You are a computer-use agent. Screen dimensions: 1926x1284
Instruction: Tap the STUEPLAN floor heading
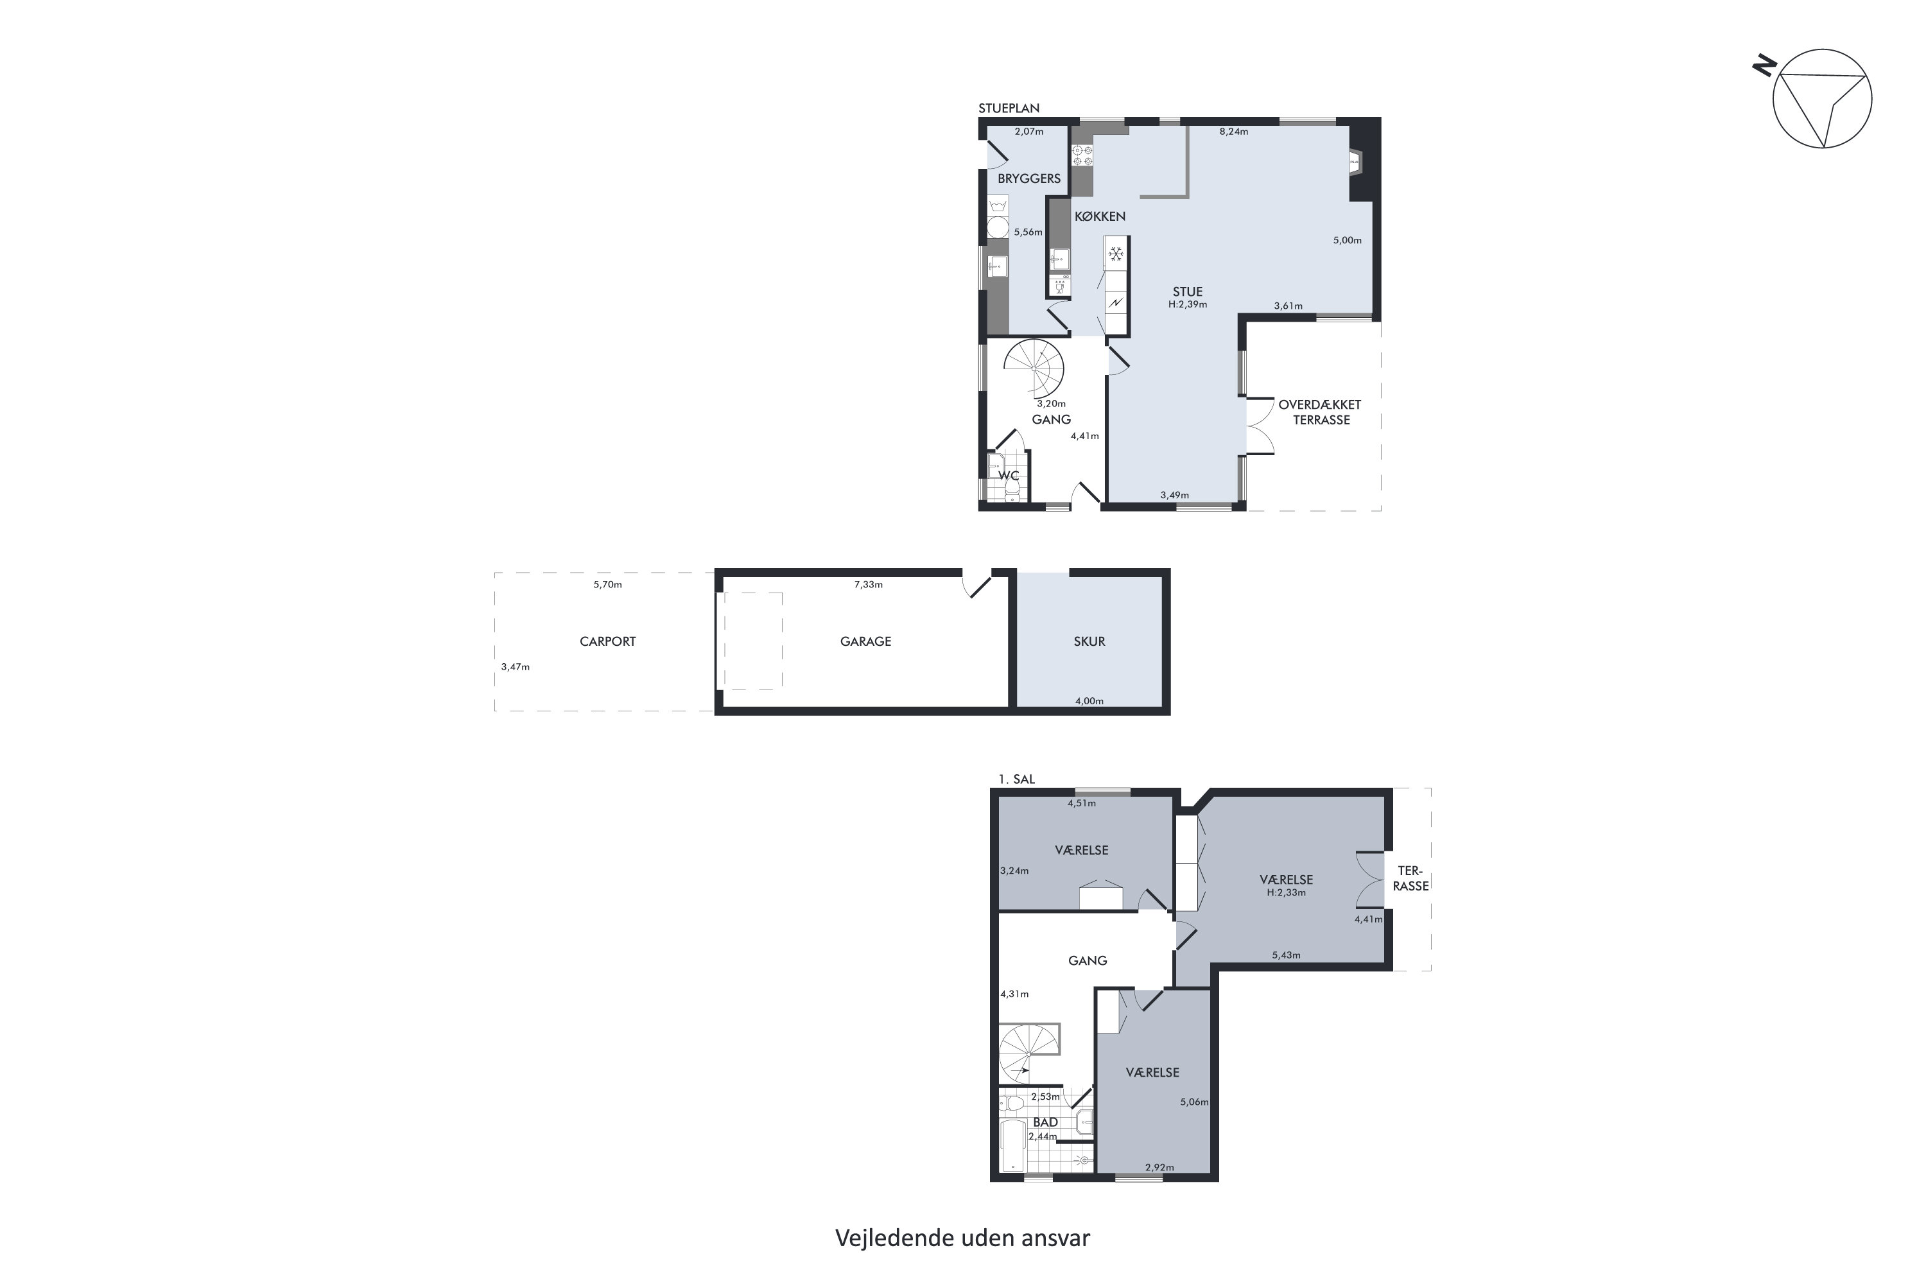(1009, 108)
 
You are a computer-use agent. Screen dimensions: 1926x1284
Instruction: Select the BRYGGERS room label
(1028, 178)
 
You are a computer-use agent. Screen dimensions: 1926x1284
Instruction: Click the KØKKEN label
(1100, 216)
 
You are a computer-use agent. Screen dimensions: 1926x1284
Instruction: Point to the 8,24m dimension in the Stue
(1233, 132)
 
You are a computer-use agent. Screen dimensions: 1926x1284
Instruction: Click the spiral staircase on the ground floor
(1034, 368)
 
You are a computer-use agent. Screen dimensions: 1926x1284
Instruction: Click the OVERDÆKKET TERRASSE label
(1320, 412)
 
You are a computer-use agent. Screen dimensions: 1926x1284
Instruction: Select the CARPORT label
(607, 642)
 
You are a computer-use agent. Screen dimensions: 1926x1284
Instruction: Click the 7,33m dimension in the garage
(868, 585)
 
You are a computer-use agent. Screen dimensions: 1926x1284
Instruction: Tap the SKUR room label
(1089, 642)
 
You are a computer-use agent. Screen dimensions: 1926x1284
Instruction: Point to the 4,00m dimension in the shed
(1089, 701)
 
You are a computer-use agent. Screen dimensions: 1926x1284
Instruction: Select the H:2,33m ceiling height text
(1286, 892)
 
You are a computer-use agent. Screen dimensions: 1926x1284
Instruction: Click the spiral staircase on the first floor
(1029, 1054)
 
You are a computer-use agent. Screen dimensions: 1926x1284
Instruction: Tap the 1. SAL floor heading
(1016, 779)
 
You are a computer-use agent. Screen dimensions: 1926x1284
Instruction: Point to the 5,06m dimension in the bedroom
(1194, 1102)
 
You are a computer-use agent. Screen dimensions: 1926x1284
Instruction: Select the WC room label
(1008, 476)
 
